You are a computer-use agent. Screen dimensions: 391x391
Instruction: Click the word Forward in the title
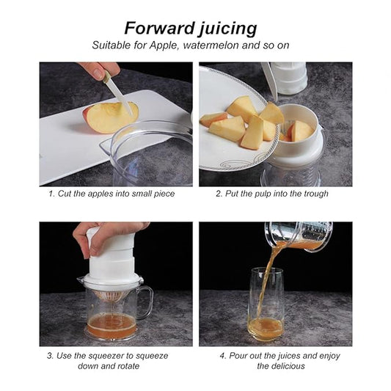point(160,28)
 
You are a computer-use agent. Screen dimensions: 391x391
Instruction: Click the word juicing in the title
point(228,29)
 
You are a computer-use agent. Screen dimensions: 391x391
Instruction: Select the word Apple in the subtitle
point(164,45)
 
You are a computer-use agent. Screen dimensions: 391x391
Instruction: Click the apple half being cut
point(111,117)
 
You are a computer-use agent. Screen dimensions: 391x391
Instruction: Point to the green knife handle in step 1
point(107,76)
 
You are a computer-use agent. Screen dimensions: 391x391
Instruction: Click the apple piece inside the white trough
point(301,131)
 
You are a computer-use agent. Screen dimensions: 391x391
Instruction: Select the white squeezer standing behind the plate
point(288,78)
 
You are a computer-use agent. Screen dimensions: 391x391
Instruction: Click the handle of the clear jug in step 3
point(147,302)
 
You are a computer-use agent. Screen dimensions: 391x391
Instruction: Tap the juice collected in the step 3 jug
point(112,325)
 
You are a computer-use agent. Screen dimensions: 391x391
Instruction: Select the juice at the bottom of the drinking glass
point(266,328)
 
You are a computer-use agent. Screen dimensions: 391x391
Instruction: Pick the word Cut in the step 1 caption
point(63,194)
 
